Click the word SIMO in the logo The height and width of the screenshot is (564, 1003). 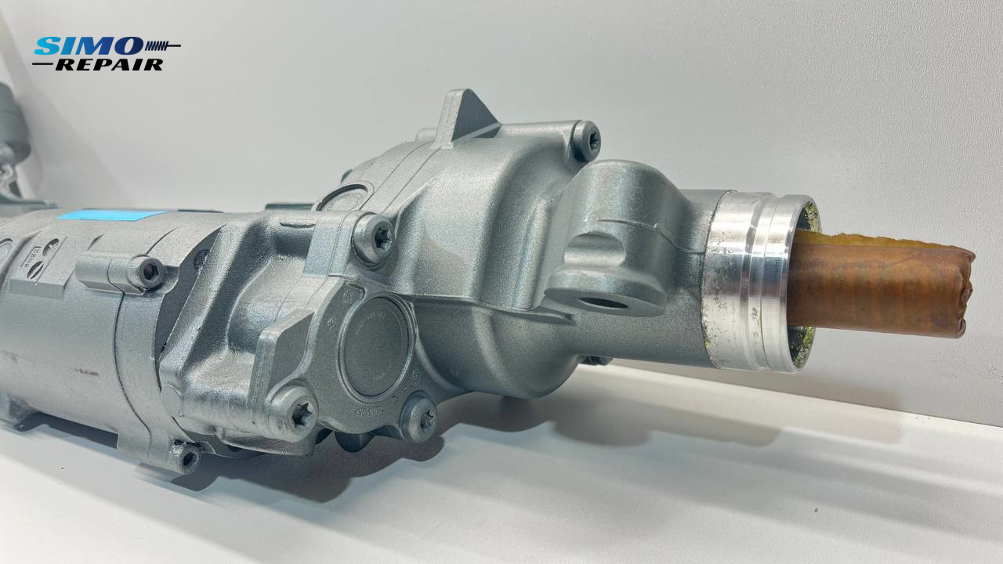88,45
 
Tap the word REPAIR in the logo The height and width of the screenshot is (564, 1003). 109,65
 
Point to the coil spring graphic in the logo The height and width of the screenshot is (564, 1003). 161,45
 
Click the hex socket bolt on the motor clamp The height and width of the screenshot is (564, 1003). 148,272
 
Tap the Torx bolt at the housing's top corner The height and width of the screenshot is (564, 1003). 586,140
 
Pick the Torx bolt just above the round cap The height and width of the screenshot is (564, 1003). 374,238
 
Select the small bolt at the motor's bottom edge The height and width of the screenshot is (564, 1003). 188,458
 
